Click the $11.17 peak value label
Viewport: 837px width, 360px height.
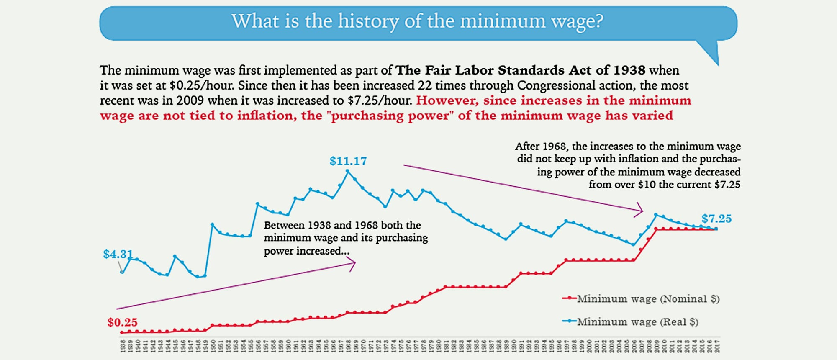[x=348, y=161]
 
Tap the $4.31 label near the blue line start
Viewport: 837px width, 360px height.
[x=118, y=254]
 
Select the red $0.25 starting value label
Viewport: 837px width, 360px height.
[x=122, y=322]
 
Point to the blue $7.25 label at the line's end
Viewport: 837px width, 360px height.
[x=716, y=219]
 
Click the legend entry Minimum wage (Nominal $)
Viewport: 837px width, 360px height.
[x=648, y=299]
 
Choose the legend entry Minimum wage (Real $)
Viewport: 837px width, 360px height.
[x=637, y=322]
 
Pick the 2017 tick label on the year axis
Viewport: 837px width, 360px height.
[x=717, y=346]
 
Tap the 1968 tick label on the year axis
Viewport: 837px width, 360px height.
[x=348, y=346]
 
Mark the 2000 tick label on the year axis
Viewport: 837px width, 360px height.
[x=589, y=346]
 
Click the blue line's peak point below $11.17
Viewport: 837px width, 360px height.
[x=347, y=171]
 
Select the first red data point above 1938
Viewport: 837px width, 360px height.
[x=122, y=332]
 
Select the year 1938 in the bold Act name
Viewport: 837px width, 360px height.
[x=629, y=70]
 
